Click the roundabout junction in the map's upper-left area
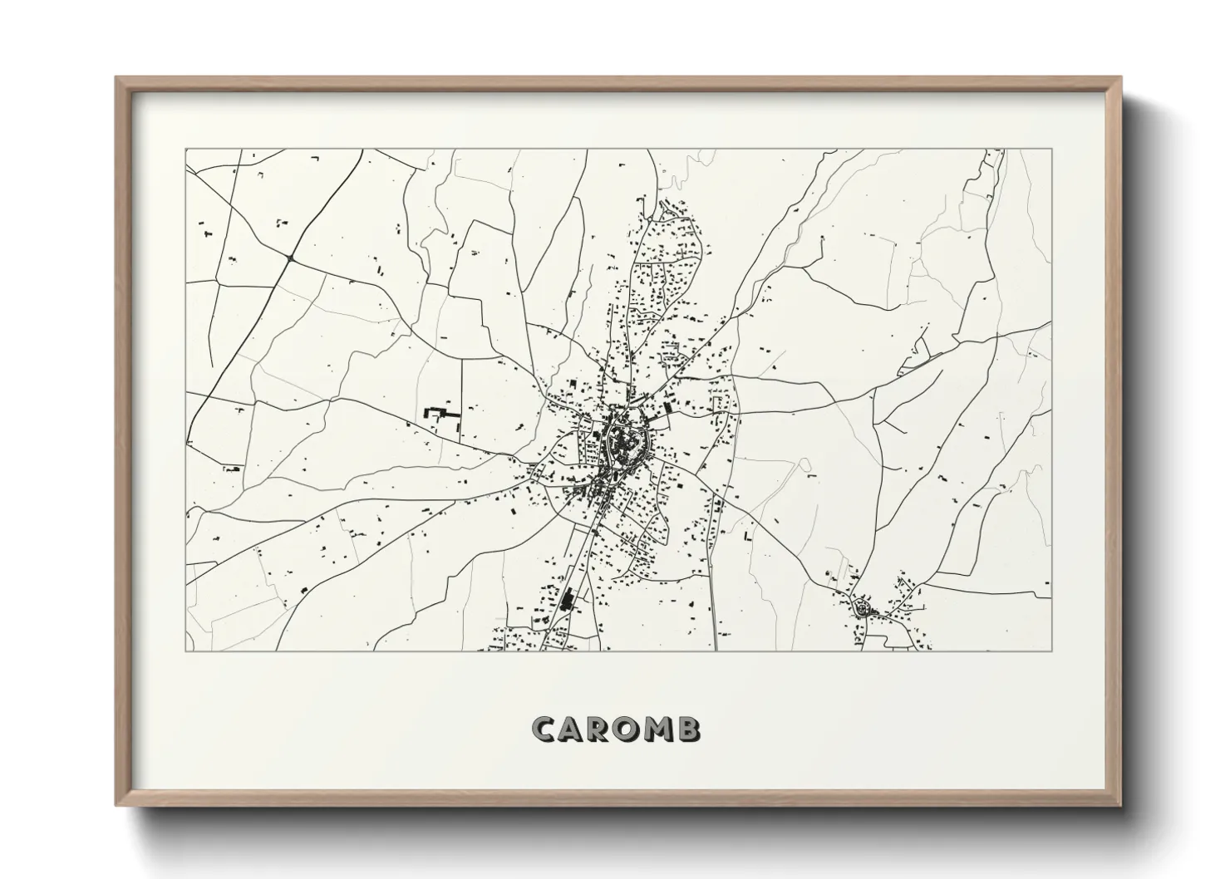tap(289, 258)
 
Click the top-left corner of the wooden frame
tap(116, 78)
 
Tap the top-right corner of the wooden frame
tap(1121, 78)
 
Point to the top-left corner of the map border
tap(185, 150)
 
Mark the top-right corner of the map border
tap(1051, 150)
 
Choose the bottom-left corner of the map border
tap(185, 651)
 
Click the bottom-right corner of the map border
tap(1051, 651)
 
